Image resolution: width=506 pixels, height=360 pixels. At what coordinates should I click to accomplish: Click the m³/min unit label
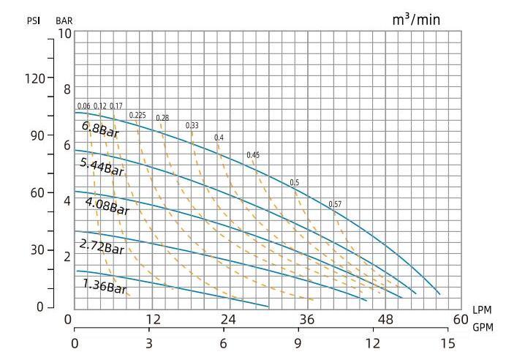pos(417,19)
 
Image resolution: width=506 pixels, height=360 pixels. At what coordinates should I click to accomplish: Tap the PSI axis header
pos(34,20)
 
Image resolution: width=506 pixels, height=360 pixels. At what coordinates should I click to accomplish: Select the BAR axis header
pos(64,20)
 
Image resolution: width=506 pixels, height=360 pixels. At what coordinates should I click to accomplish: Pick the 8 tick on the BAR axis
pos(68,89)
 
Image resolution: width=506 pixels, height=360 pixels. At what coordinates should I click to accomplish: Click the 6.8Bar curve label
pos(100,130)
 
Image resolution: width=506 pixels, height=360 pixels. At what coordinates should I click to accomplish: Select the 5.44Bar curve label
pos(102,166)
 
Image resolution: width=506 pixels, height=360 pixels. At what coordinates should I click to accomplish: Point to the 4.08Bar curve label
pos(107,206)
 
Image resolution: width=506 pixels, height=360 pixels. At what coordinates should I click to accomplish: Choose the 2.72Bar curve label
pos(102,246)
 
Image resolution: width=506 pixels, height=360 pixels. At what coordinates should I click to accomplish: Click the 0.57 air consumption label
pos(335,203)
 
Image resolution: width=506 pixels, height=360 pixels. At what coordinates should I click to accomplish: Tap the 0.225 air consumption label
pos(137,115)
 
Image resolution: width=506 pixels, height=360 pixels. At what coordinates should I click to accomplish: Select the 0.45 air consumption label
pos(253,155)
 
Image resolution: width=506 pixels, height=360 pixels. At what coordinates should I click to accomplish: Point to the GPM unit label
pos(483,327)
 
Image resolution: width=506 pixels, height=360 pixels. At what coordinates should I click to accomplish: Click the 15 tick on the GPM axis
pos(448,342)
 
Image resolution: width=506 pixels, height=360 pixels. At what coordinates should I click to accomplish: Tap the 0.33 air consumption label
pos(192,126)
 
